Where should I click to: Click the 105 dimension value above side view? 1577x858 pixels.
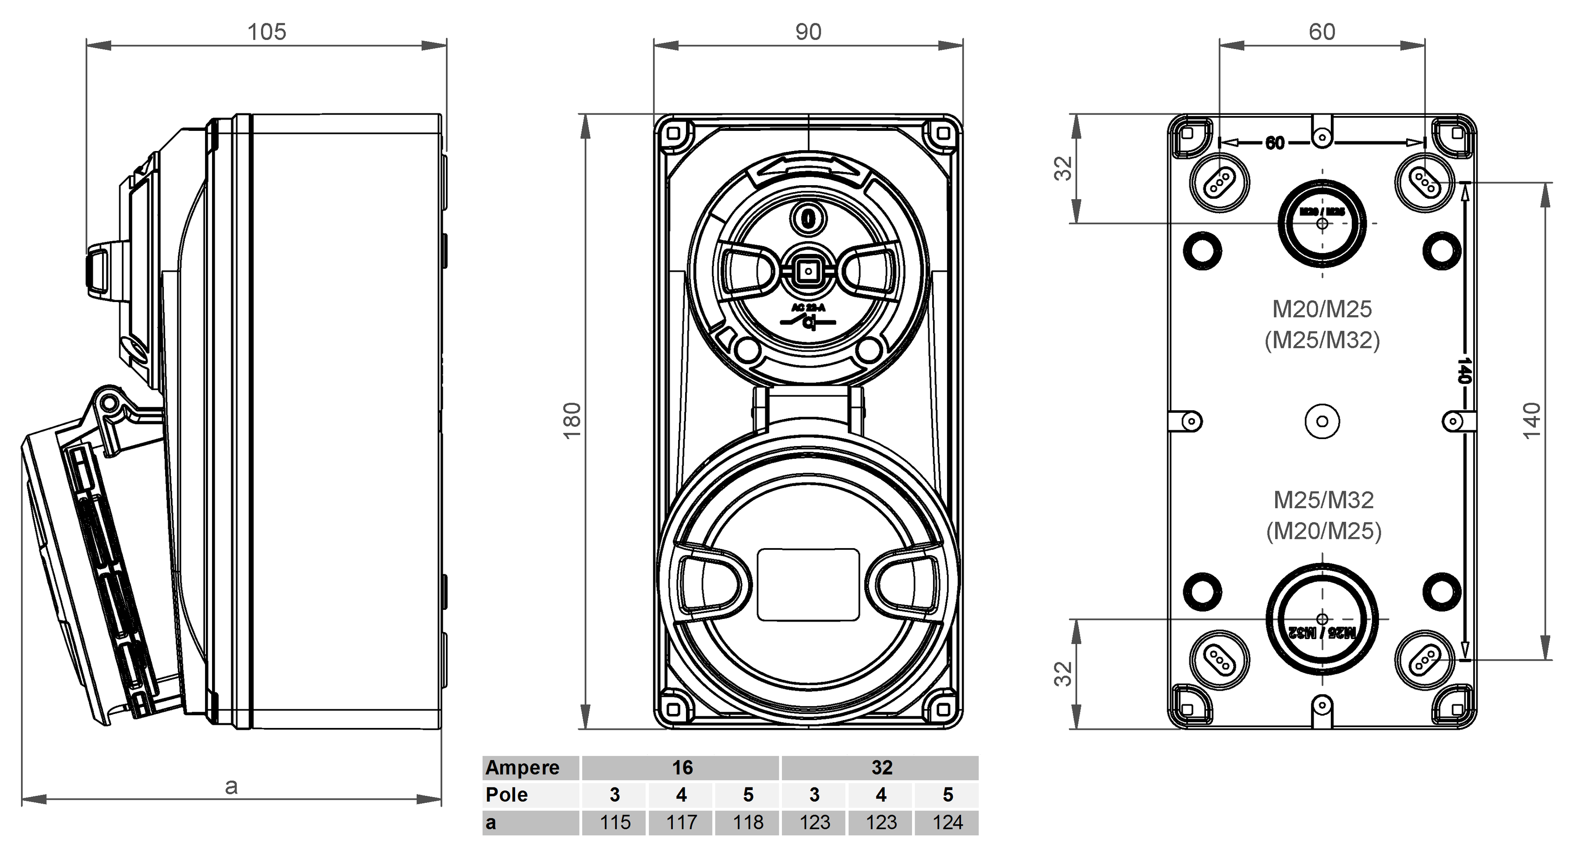[266, 32]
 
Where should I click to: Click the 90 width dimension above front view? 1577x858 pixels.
[808, 32]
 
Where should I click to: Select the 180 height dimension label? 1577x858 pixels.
[572, 421]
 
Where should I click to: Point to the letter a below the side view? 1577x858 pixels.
[231, 786]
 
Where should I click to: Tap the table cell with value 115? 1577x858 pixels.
[615, 822]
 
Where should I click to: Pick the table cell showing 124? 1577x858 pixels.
[947, 822]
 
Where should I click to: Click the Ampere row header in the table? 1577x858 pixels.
[522, 767]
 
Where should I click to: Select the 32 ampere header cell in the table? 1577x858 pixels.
[881, 767]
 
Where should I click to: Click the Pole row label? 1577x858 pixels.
[507, 795]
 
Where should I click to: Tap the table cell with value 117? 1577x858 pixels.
[681, 822]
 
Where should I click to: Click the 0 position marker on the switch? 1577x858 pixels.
[809, 218]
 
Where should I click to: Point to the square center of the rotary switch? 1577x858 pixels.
[809, 271]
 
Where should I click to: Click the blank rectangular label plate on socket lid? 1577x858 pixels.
[808, 584]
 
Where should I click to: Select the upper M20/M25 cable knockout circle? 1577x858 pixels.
[1322, 224]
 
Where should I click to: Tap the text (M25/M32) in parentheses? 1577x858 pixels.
[1322, 340]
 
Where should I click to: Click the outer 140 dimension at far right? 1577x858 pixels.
[1531, 421]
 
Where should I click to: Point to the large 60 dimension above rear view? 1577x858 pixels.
[1322, 32]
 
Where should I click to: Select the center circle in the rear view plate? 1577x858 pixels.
[1322, 421]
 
